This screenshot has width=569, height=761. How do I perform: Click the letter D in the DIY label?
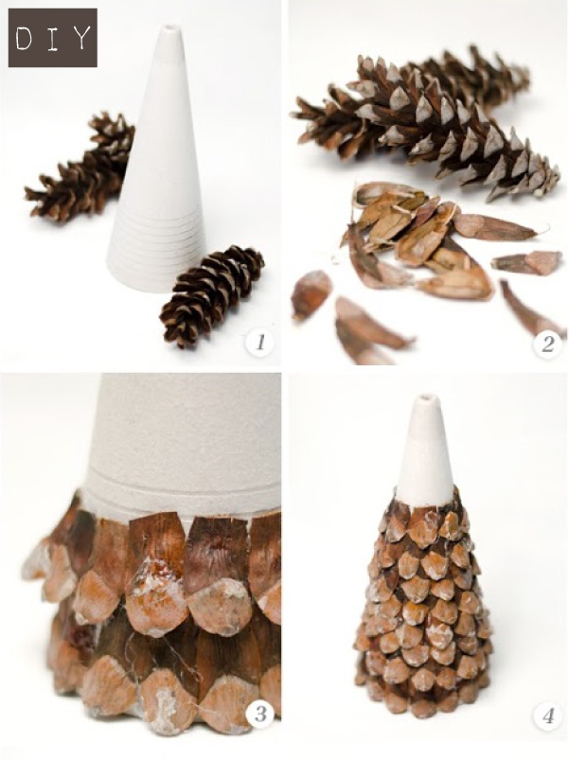pyautogui.click(x=24, y=38)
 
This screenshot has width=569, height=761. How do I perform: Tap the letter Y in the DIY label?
pyautogui.click(x=81, y=38)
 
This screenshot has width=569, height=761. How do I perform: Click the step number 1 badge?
pyautogui.click(x=259, y=343)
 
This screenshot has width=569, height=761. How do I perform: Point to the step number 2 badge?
pyautogui.click(x=546, y=344)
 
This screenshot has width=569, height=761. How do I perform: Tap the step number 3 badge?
pyautogui.click(x=259, y=715)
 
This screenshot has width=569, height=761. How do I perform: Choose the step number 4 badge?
pyautogui.click(x=546, y=716)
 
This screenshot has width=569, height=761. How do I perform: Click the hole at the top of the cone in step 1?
pyautogui.click(x=169, y=29)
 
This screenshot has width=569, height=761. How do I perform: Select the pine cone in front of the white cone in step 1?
pyautogui.click(x=213, y=294)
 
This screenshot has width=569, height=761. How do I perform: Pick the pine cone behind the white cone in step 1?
pyautogui.click(x=80, y=168)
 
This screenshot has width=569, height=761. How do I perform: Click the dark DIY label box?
pyautogui.click(x=52, y=38)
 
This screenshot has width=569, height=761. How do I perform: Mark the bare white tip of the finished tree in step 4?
pyautogui.click(x=427, y=449)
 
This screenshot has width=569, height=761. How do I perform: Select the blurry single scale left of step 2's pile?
pyautogui.click(x=310, y=295)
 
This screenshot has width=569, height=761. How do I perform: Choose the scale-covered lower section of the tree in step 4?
pyautogui.click(x=423, y=611)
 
